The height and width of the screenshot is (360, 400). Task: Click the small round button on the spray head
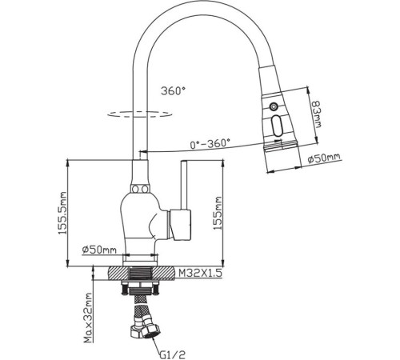(274, 106)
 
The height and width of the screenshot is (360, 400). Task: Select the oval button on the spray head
(277, 125)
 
